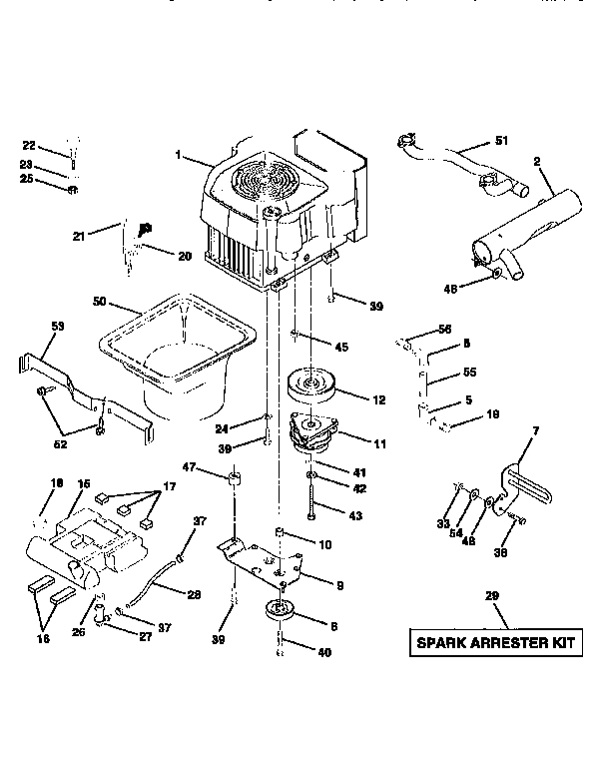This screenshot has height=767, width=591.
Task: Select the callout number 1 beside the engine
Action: (179, 156)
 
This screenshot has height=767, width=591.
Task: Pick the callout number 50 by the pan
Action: (100, 301)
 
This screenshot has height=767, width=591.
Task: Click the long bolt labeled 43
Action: (312, 498)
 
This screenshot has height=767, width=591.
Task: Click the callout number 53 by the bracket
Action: (57, 327)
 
